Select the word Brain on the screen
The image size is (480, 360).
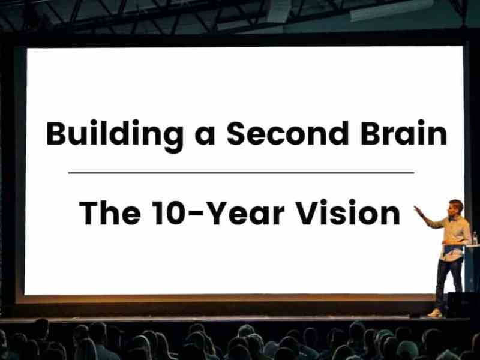pos(404,133)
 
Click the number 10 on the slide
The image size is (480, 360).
pos(158,212)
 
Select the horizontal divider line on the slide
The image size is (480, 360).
pos(240,173)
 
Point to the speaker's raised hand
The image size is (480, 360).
pos(418,209)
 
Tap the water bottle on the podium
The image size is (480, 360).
pos(474,238)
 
